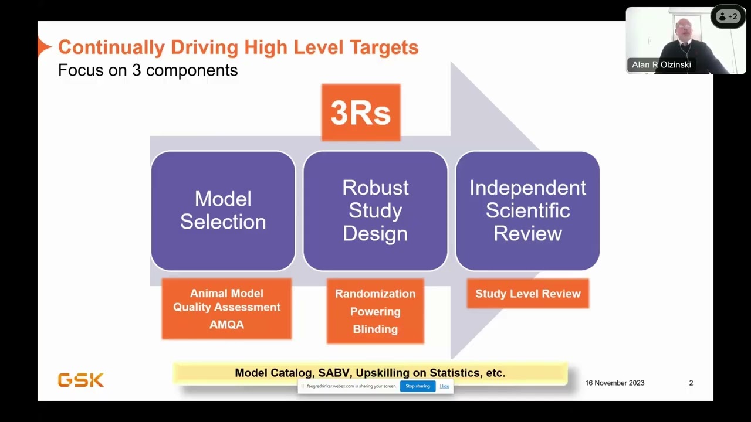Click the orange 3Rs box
[x=361, y=113]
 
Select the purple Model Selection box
[x=223, y=211]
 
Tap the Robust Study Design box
[x=375, y=211]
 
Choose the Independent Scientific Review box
[x=527, y=211]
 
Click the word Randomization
[x=375, y=294]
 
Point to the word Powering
[x=375, y=311]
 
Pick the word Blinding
[x=375, y=329]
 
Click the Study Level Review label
[x=527, y=294]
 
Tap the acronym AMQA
[x=226, y=324]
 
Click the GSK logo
[x=81, y=380]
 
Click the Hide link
[x=444, y=386]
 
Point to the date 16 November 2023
[x=614, y=383]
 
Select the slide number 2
[x=691, y=383]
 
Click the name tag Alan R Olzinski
[x=661, y=64]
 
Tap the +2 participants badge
[x=728, y=17]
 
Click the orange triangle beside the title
[x=44, y=47]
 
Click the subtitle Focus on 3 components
[x=148, y=70]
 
